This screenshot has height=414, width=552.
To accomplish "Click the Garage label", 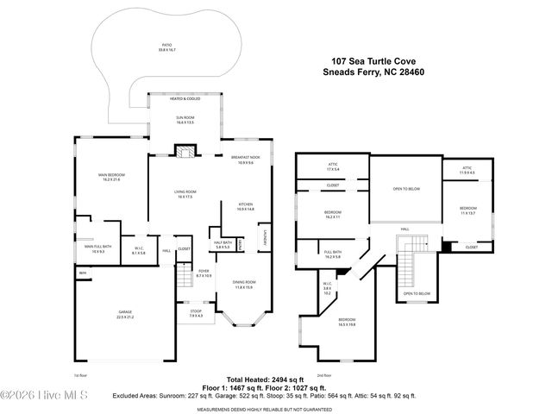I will (126, 313).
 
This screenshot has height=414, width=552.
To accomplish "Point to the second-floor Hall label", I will (404, 229).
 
